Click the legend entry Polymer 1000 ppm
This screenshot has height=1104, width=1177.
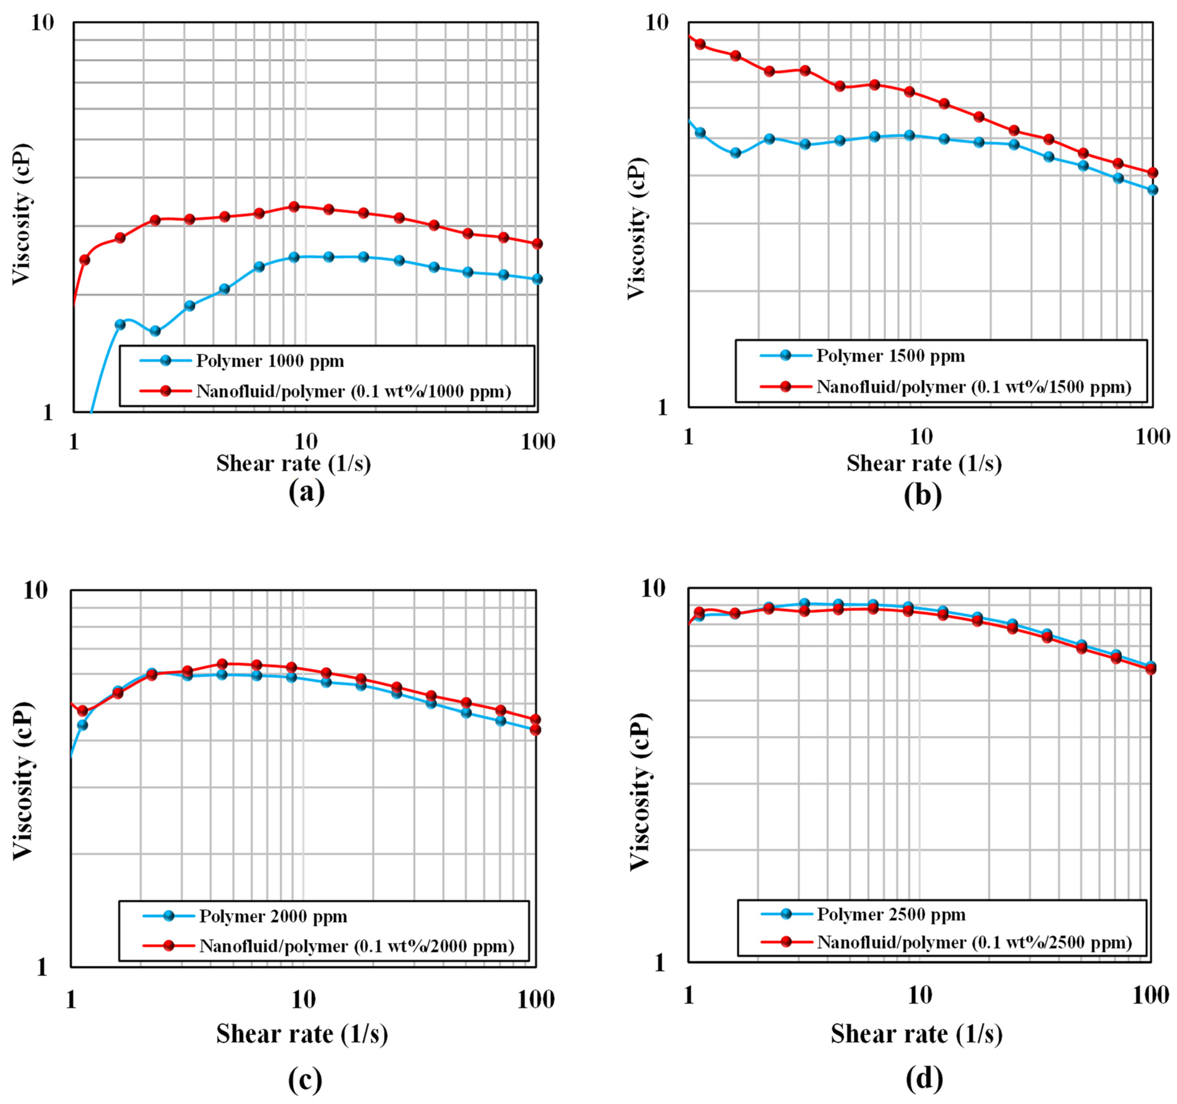tap(270, 361)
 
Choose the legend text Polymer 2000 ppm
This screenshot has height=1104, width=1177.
tap(273, 916)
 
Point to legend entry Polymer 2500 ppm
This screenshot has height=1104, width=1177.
tap(891, 915)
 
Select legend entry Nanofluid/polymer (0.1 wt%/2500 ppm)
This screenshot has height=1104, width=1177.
tap(974, 943)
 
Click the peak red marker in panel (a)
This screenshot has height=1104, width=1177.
tap(294, 206)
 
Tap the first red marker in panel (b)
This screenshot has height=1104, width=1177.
tap(700, 44)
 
